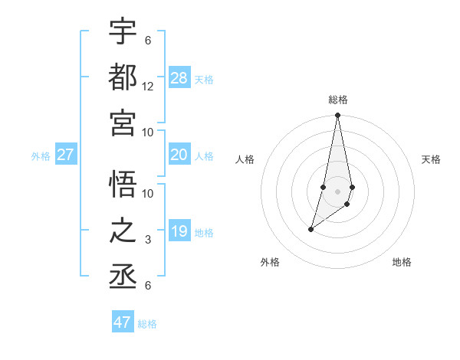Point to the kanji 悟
click(123, 184)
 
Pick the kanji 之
click(123, 231)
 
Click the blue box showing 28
click(179, 77)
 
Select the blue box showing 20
click(179, 155)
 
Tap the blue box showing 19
click(179, 231)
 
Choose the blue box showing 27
click(66, 155)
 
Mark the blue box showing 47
click(123, 322)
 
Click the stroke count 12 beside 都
click(148, 87)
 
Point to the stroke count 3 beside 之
click(148, 241)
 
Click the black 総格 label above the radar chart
click(338, 100)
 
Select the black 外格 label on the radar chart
click(270, 262)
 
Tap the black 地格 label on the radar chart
click(402, 262)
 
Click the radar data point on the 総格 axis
click(338, 116)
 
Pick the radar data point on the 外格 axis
click(310, 229)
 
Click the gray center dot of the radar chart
click(338, 191)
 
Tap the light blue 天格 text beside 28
click(204, 79)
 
